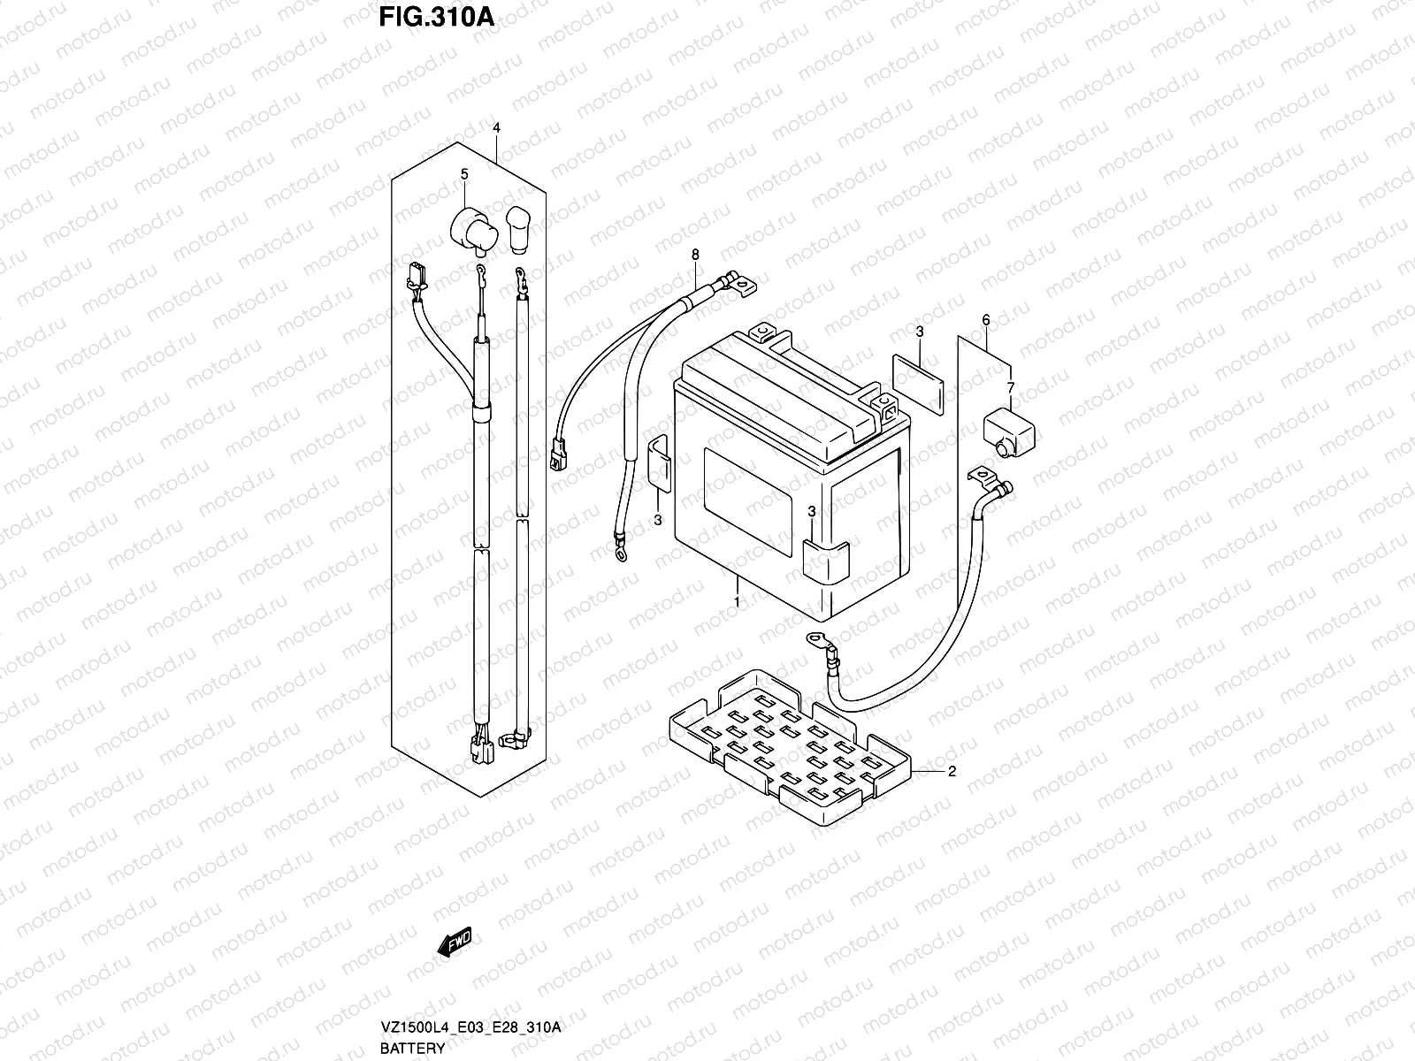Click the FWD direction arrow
coord(455,941)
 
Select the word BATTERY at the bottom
coord(413,1050)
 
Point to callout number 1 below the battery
coord(736,601)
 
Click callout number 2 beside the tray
coord(952,772)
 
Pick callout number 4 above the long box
coord(496,129)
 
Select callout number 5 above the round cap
coord(463,175)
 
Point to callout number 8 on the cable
coord(695,255)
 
